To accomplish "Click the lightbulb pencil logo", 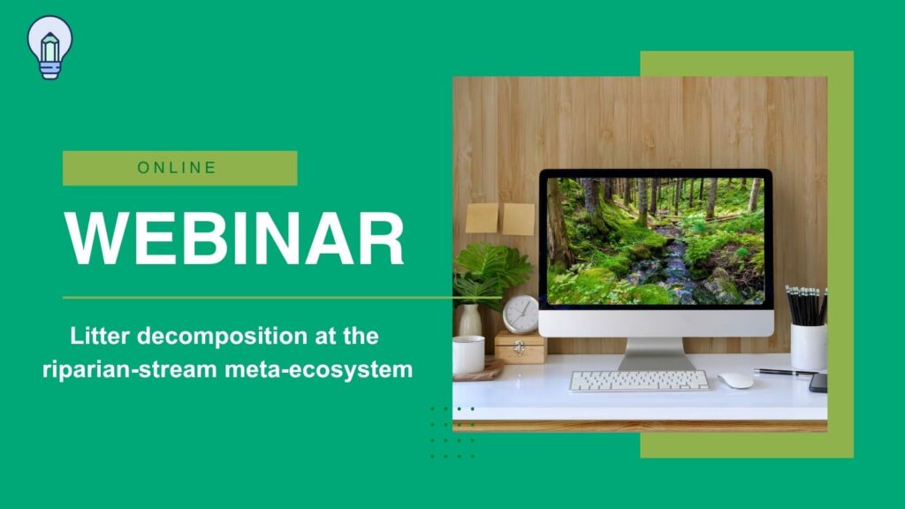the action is point(49,47).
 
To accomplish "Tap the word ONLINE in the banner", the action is point(177,168).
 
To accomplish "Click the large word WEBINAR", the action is point(233,239).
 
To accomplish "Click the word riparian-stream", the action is point(129,369).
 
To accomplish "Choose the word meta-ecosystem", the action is point(318,370).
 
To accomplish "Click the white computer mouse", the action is point(735,380).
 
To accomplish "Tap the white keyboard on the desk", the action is point(639,381).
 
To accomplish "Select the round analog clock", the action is point(520,314).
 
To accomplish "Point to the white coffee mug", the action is point(468,355).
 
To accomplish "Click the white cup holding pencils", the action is point(808,346).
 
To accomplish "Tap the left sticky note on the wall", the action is point(482,217).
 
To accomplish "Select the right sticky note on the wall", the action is point(518,219).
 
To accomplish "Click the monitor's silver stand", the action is point(657,353).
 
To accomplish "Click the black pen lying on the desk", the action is point(784,373).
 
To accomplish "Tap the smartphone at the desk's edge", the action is point(818,383).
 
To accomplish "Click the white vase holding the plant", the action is point(470,320).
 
